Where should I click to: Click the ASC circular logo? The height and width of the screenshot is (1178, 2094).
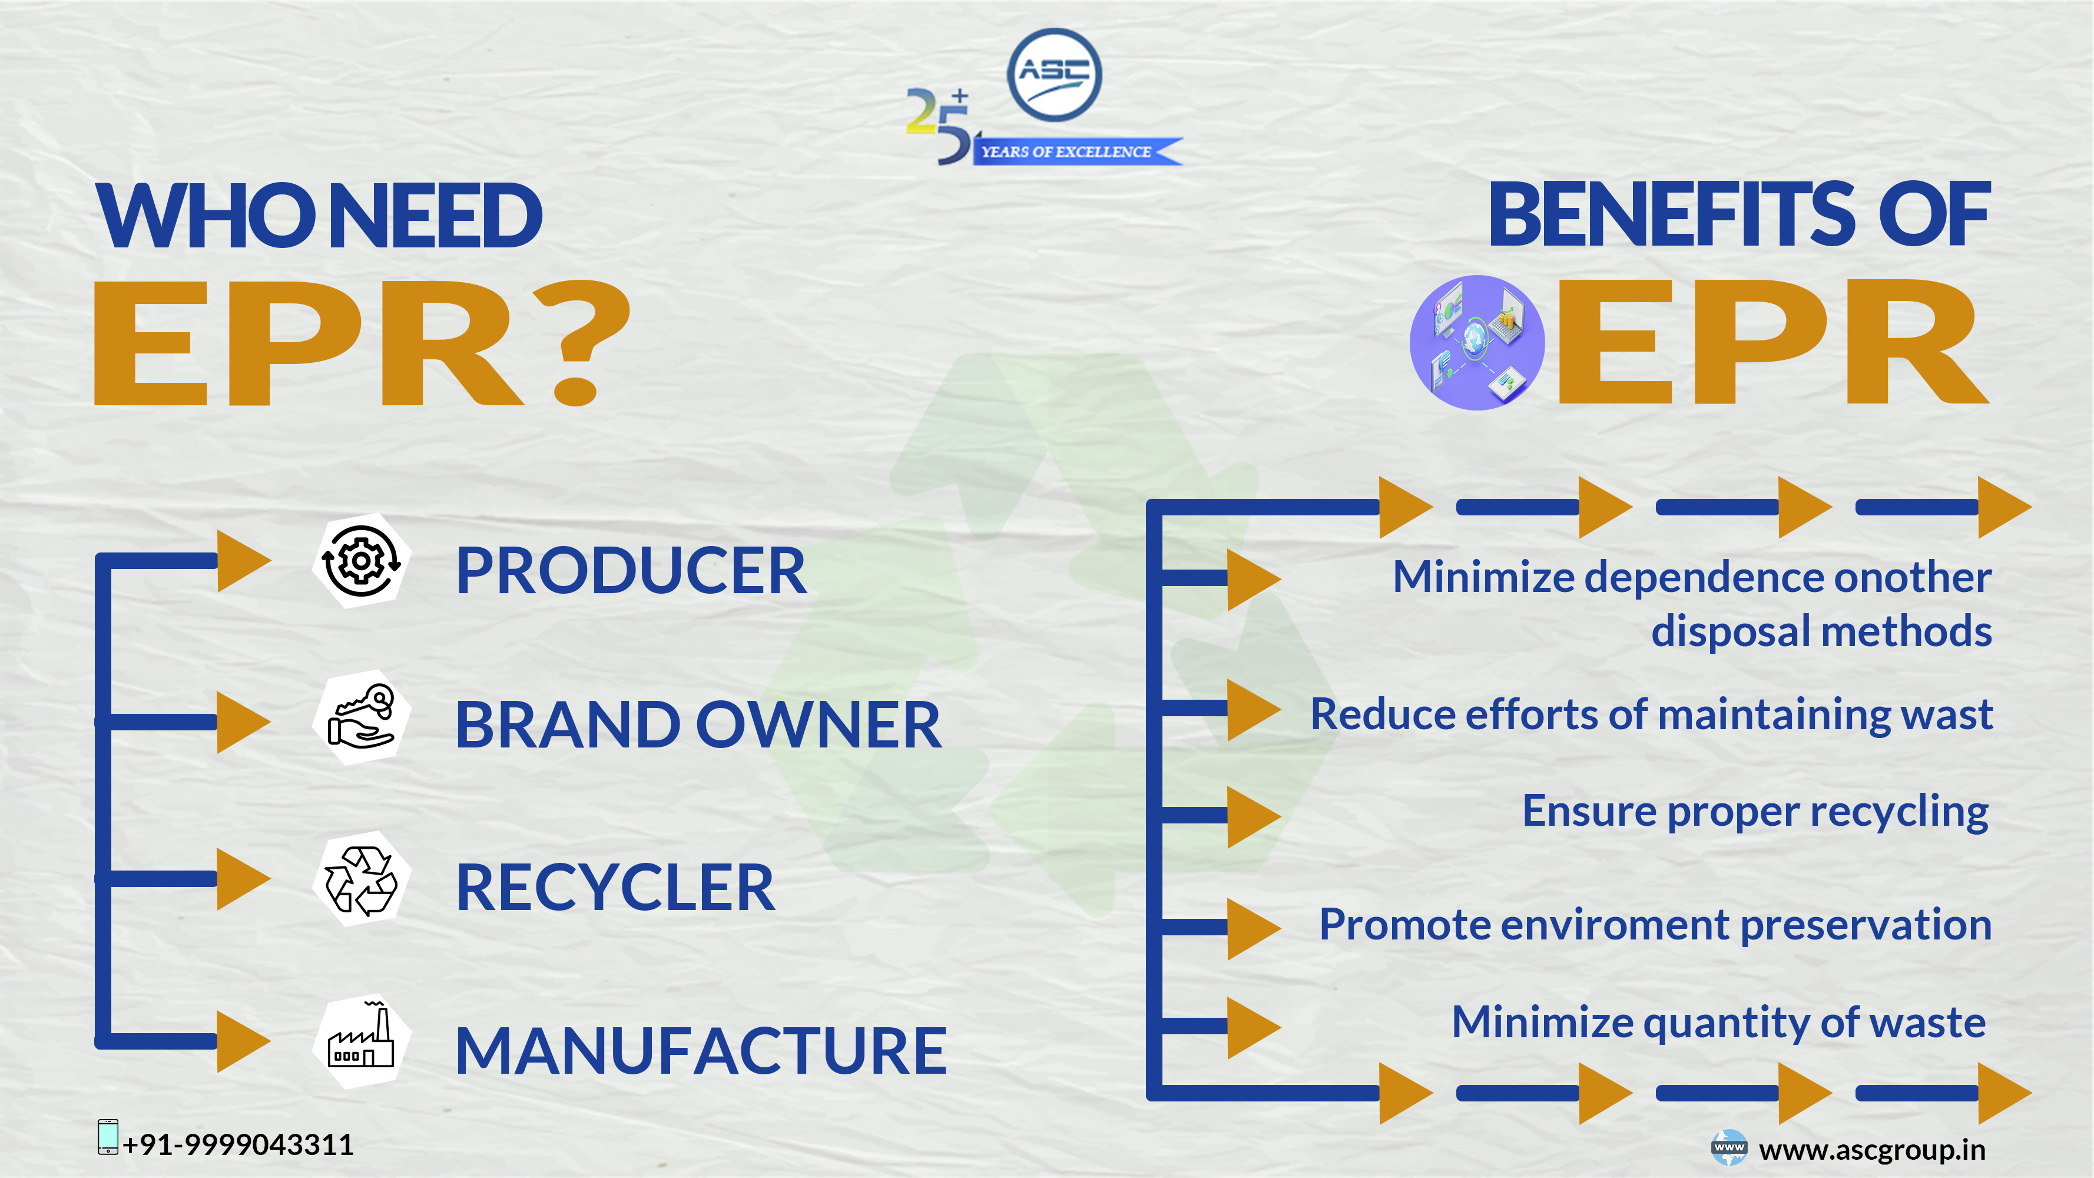pyautogui.click(x=1054, y=75)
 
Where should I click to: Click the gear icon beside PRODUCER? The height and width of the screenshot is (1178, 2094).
pyautogui.click(x=361, y=561)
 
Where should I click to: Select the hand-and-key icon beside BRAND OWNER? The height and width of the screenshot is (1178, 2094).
pyautogui.click(x=361, y=717)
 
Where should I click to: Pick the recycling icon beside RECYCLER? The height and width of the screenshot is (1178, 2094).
pyautogui.click(x=361, y=879)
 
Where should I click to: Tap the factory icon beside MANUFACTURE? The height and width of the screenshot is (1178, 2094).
pyautogui.click(x=361, y=1041)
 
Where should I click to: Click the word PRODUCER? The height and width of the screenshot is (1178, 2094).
pyautogui.click(x=631, y=571)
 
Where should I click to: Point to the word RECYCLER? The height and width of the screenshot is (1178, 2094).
pyautogui.click(x=615, y=888)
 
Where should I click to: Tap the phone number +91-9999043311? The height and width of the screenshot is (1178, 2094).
pyautogui.click(x=238, y=1144)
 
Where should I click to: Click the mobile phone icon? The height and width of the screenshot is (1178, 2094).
pyautogui.click(x=107, y=1137)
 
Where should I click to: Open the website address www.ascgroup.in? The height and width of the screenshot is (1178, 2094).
pyautogui.click(x=1872, y=1150)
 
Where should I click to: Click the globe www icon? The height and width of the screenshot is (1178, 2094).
pyautogui.click(x=1728, y=1147)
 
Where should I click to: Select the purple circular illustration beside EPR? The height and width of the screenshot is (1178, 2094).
pyautogui.click(x=1477, y=342)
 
